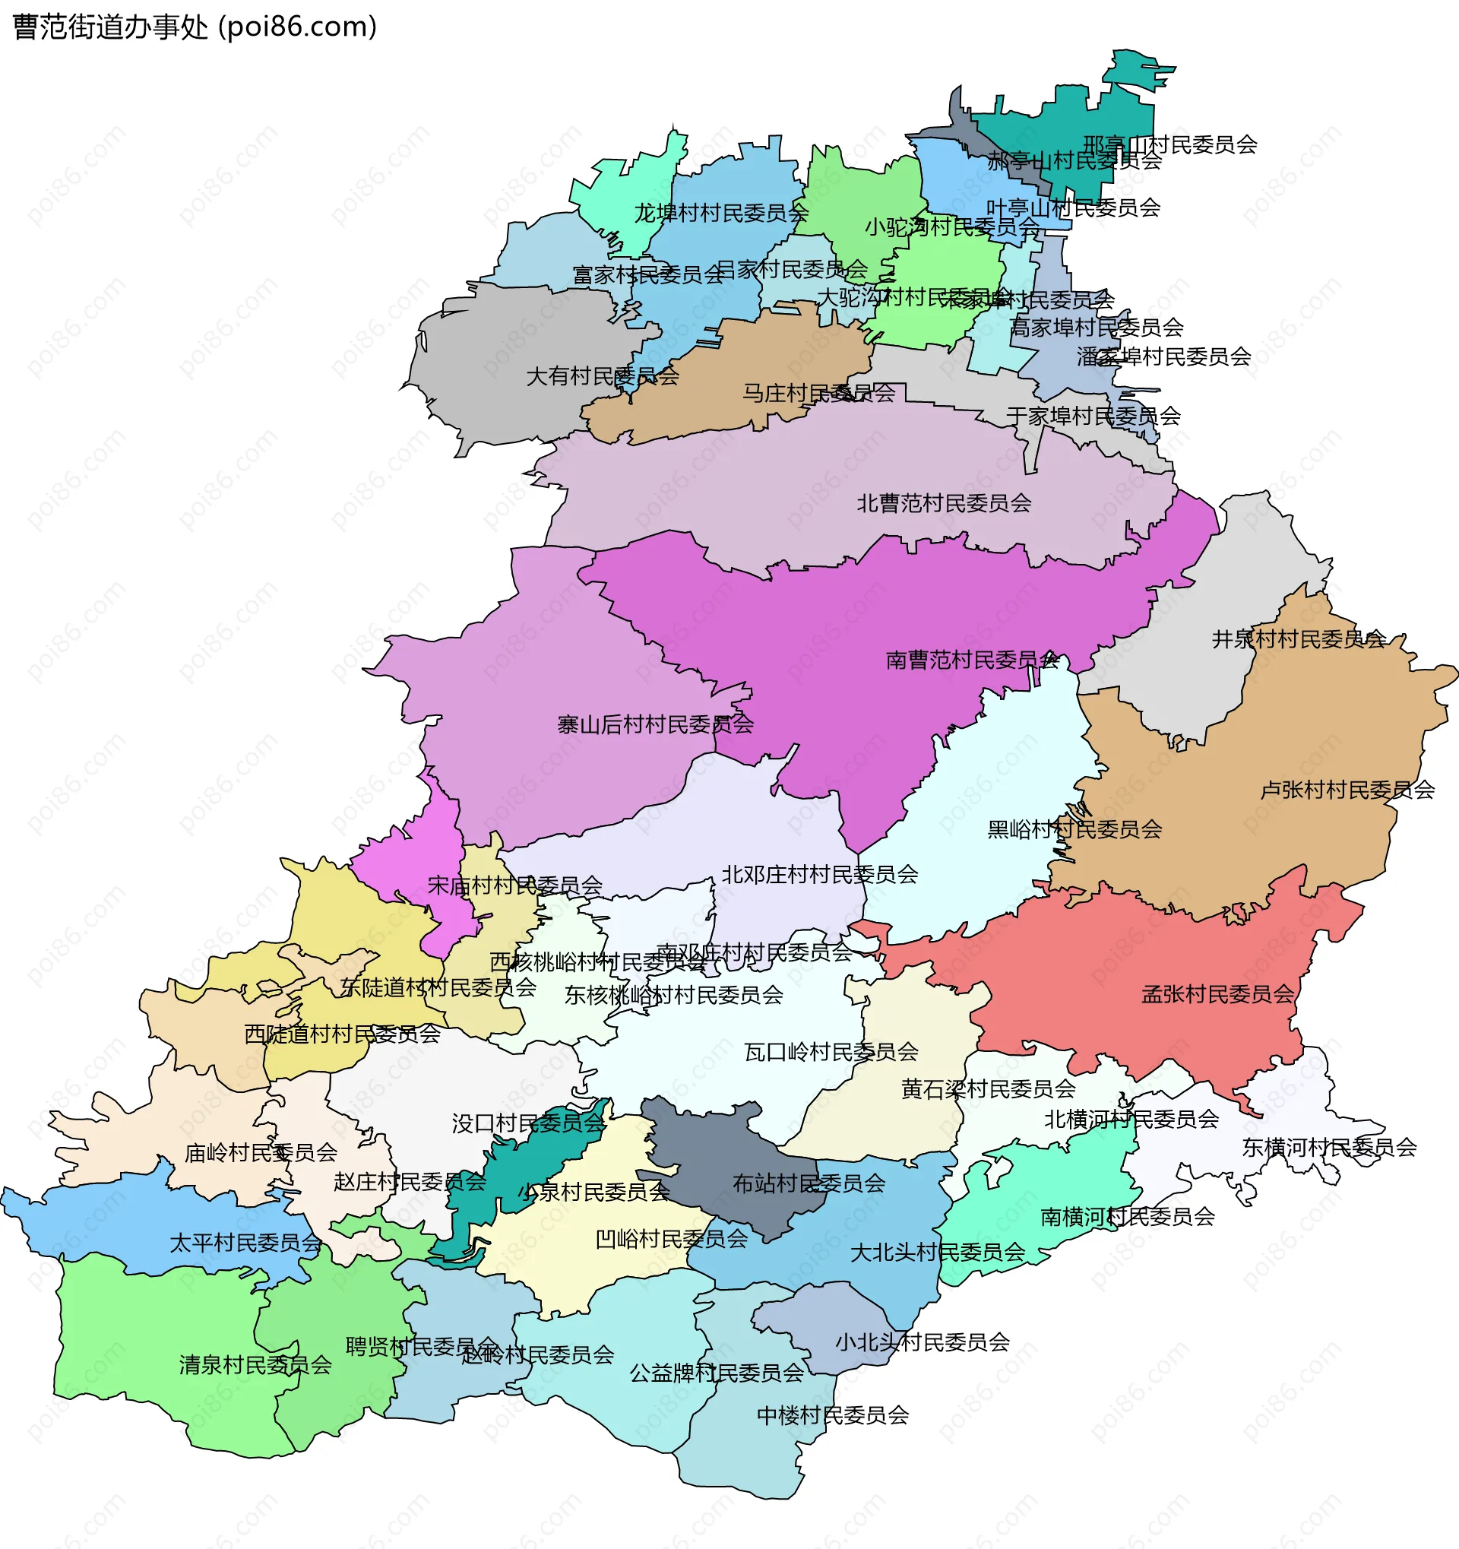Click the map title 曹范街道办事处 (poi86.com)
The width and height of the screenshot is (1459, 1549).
[195, 27]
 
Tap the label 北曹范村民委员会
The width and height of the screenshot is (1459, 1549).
[943, 503]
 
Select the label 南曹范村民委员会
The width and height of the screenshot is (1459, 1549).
[971, 660]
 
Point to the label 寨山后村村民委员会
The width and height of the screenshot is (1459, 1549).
[655, 724]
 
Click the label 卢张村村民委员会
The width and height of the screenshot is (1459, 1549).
[1347, 790]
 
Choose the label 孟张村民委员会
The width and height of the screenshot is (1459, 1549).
[1217, 994]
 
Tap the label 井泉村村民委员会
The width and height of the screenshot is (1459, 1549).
[1298, 639]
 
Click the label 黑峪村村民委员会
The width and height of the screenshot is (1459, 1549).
[1074, 829]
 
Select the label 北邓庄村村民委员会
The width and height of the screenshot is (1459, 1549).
[819, 874]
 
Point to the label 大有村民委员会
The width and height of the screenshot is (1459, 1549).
[602, 376]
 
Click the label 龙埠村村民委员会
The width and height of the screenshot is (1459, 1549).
[720, 213]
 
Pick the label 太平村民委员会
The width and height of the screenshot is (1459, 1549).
[245, 1243]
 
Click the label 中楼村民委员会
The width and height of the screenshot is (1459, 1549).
[832, 1415]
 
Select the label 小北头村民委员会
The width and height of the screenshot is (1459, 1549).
[922, 1342]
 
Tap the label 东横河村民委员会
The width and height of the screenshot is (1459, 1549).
[1329, 1147]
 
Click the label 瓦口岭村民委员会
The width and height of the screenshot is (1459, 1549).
[831, 1052]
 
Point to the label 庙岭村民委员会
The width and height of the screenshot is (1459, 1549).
[260, 1152]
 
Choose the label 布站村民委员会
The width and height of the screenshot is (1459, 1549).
[809, 1183]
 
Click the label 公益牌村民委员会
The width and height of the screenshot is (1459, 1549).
[716, 1373]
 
